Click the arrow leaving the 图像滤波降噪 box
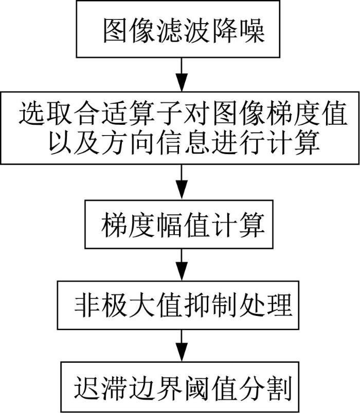click(182, 74)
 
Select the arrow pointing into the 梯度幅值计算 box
click(182, 182)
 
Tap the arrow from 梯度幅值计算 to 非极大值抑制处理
click(182, 265)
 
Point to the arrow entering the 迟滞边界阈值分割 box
click(182, 346)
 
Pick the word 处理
click(264, 306)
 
